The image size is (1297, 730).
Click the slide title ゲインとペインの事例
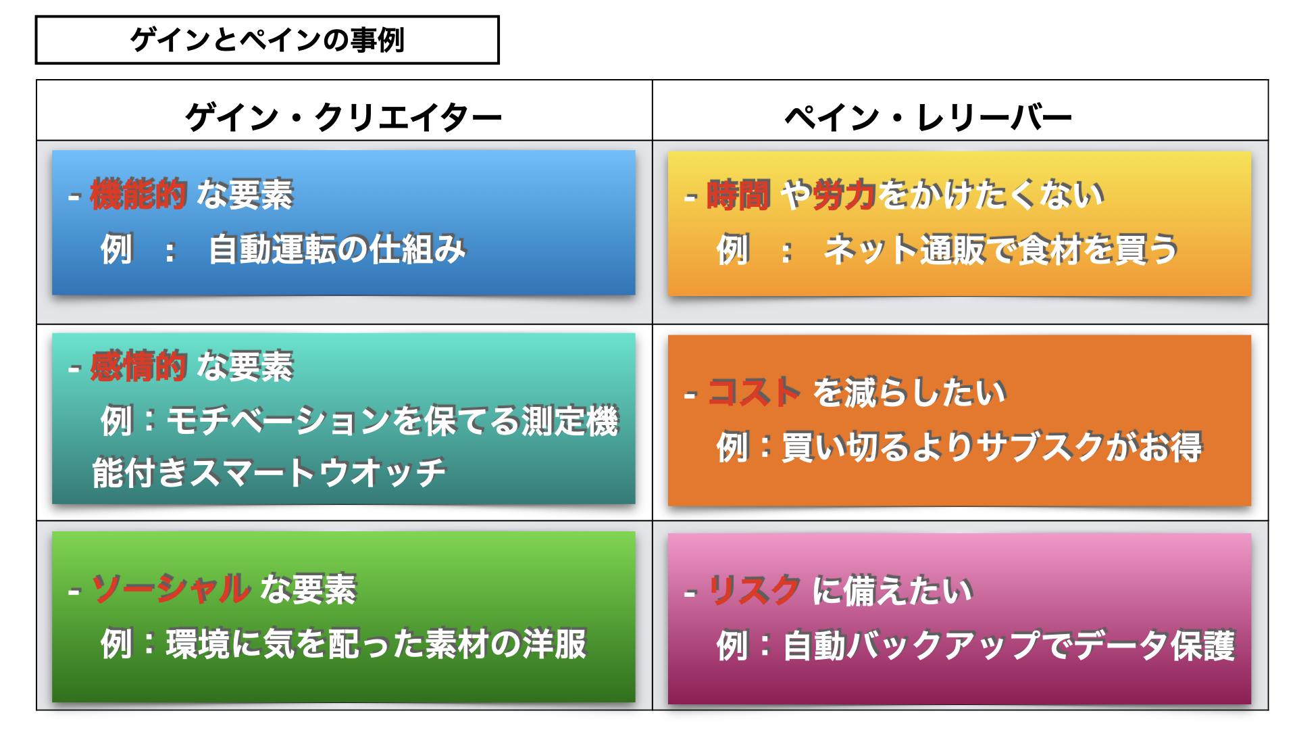pos(268,40)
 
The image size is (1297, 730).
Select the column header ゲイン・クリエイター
pos(344,118)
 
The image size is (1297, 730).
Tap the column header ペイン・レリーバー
pos(928,118)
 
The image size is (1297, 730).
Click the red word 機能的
pos(138,194)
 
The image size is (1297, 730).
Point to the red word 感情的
pos(138,366)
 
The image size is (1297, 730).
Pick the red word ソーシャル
pos(171,588)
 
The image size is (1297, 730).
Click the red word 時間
pos(738,195)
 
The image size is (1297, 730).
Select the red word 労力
pos(845,195)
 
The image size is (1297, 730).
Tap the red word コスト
pos(755,392)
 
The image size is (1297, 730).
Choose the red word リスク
pos(755,590)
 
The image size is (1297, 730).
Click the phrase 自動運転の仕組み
pos(338,249)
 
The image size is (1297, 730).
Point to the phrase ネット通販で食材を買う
pos(1001,249)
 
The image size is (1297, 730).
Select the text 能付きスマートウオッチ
pos(269,472)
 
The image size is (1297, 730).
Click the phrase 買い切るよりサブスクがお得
pos(992,447)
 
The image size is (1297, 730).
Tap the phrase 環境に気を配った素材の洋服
pos(376,643)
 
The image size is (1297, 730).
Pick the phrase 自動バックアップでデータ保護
pos(1009,646)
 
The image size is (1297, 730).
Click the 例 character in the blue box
pos(116,249)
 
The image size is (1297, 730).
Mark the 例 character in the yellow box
pos(733,249)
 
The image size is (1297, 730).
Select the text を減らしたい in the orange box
pos(910,392)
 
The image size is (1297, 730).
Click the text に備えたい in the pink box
pos(893,590)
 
